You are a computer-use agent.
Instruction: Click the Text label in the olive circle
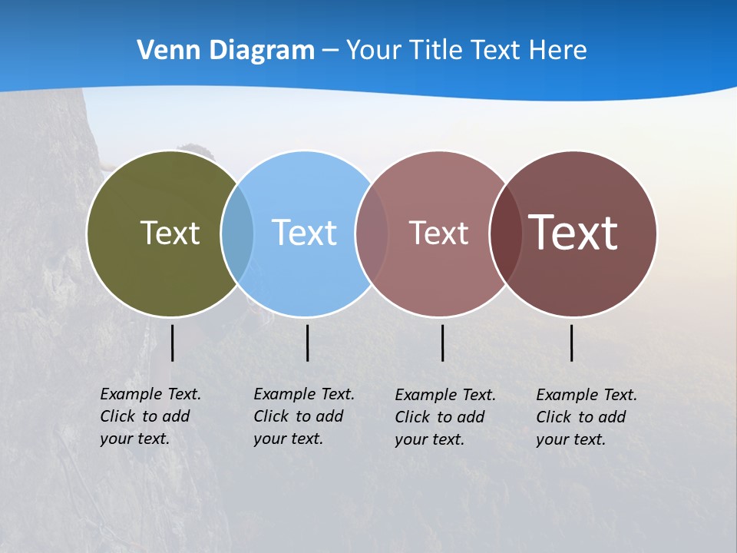[170, 233]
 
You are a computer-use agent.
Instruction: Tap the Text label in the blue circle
[304, 233]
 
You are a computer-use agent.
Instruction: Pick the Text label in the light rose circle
[438, 233]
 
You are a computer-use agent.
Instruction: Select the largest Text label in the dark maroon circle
[573, 233]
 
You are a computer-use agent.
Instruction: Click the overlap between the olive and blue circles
[237, 233]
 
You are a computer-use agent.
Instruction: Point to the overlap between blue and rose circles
[372, 233]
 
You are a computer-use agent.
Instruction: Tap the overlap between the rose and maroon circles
[506, 233]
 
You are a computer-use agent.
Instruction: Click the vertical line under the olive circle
[172, 343]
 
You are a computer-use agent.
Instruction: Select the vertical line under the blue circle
[307, 343]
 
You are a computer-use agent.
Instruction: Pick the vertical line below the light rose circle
[442, 343]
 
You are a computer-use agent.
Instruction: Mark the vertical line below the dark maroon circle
[571, 343]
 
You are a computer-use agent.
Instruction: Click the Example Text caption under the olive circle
[150, 416]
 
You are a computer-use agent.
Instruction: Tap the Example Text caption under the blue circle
[304, 416]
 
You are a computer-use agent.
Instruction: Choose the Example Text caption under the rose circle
[445, 417]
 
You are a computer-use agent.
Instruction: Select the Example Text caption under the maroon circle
[587, 417]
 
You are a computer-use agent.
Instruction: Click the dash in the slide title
[330, 51]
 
